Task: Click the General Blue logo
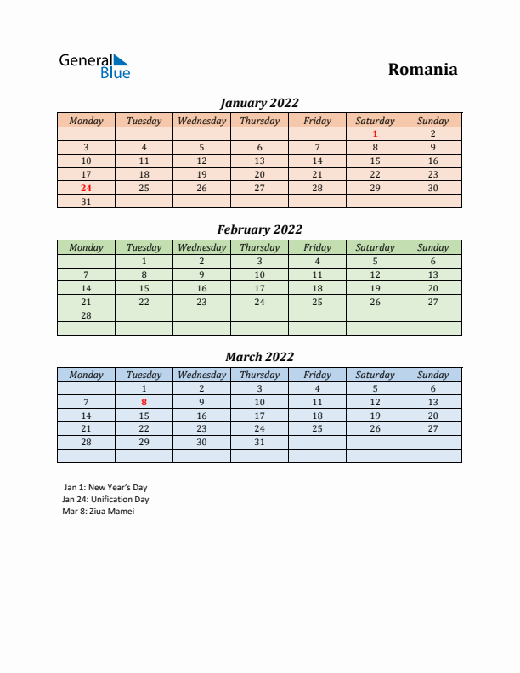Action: pos(93,66)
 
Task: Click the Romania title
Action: pos(422,70)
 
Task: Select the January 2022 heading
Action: pos(259,103)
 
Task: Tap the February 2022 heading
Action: pos(259,229)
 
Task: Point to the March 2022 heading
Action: pos(259,357)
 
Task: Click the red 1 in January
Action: pos(375,133)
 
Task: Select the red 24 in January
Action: pos(86,188)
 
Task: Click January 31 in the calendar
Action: pos(86,201)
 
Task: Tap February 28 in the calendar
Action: pos(86,315)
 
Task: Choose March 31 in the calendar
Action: pos(259,443)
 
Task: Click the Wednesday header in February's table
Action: pos(201,247)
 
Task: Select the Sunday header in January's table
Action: pos(432,121)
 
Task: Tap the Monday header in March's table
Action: pos(86,375)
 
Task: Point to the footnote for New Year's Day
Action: pos(105,488)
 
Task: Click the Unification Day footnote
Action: pos(106,500)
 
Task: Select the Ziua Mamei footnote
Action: pos(99,512)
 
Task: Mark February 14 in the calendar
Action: pos(86,288)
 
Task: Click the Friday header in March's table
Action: pos(317,375)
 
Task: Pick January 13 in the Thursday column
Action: pos(259,161)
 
